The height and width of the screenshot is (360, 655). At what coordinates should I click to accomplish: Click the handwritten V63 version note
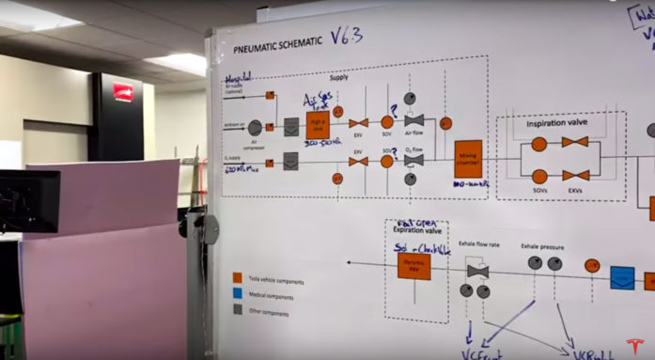pyautogui.click(x=345, y=37)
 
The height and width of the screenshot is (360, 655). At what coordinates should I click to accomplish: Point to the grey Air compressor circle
pyautogui.click(x=256, y=127)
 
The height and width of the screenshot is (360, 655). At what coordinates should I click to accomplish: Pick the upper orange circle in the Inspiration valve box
pyautogui.click(x=538, y=145)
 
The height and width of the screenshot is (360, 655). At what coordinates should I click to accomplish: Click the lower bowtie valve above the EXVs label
pyautogui.click(x=575, y=175)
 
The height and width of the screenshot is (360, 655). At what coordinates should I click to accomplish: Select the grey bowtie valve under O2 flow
pyautogui.click(x=413, y=160)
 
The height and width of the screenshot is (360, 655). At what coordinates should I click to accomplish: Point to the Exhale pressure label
pyautogui.click(x=543, y=247)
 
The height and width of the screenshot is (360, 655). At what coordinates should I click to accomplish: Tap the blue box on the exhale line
pyautogui.click(x=621, y=278)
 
